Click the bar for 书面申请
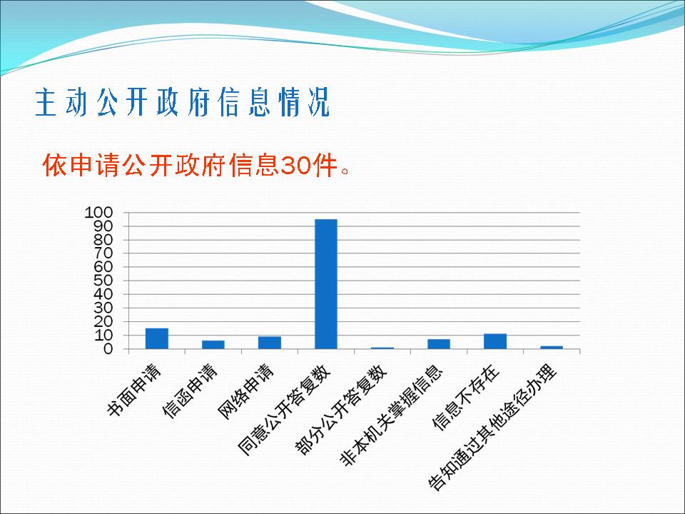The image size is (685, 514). [x=157, y=338]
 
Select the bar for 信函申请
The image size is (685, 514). [x=213, y=344]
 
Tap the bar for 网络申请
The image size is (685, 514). [x=270, y=343]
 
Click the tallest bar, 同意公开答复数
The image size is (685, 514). [x=326, y=284]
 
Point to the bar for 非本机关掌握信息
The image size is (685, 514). [x=439, y=344]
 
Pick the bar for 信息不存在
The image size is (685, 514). [x=495, y=341]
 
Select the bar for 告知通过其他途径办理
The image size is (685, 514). [x=552, y=348]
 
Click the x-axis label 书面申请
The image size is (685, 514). [x=135, y=390]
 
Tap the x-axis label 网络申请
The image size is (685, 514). [x=246, y=391]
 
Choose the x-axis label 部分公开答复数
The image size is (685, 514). [x=341, y=409]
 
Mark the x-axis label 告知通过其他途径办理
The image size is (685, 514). [x=493, y=427]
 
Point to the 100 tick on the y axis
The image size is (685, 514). [x=98, y=213]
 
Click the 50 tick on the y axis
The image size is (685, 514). [x=103, y=281]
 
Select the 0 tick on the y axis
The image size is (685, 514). [x=108, y=349]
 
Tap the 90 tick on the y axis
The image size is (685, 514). [x=103, y=226]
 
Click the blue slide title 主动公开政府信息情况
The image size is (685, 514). [x=183, y=102]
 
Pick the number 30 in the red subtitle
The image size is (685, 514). [x=293, y=166]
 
